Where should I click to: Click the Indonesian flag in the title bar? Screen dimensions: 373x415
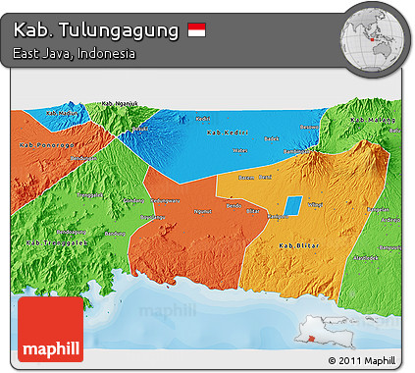[197, 31]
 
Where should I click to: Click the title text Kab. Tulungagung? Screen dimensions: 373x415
[96, 30]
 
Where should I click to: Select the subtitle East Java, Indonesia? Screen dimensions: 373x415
[75, 53]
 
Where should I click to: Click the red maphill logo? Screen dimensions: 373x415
[51, 331]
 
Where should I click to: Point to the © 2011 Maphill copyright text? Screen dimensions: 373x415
[368, 360]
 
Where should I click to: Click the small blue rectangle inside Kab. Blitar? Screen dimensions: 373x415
[293, 205]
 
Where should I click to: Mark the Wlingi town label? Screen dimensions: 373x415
[316, 204]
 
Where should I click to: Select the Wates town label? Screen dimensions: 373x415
[240, 150]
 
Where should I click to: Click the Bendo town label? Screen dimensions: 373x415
[233, 204]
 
